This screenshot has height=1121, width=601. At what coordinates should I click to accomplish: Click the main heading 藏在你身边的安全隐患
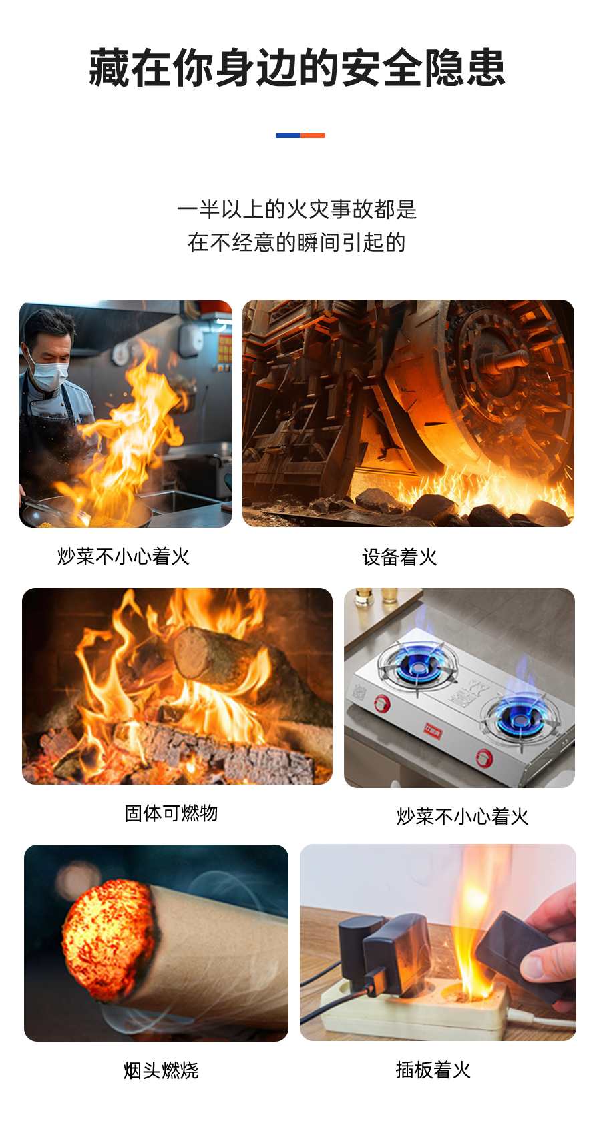click(x=297, y=68)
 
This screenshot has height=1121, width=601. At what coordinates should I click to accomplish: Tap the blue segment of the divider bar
click(x=288, y=135)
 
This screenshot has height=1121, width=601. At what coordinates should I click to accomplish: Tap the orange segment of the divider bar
click(x=313, y=135)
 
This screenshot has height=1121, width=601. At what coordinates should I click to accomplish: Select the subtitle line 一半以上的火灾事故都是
click(x=297, y=210)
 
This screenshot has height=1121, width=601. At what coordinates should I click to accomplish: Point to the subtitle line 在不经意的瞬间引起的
click(x=296, y=242)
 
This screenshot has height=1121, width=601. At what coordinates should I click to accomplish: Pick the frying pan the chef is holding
click(x=85, y=511)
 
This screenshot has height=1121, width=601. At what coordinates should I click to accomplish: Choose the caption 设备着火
click(x=399, y=557)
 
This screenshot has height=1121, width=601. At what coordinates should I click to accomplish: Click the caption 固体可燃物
click(x=171, y=813)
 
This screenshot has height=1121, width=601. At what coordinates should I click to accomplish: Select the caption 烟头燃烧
click(x=162, y=1070)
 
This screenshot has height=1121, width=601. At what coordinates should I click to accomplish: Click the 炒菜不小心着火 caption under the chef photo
click(x=124, y=556)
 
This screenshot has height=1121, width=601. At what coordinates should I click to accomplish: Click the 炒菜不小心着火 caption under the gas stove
click(x=463, y=817)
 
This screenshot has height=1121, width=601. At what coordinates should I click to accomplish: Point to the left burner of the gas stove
click(x=418, y=664)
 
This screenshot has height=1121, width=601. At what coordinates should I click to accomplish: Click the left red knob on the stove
click(x=383, y=703)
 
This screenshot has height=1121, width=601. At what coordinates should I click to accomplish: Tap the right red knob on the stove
click(x=484, y=758)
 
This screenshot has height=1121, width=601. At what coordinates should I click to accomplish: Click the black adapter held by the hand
click(x=518, y=955)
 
